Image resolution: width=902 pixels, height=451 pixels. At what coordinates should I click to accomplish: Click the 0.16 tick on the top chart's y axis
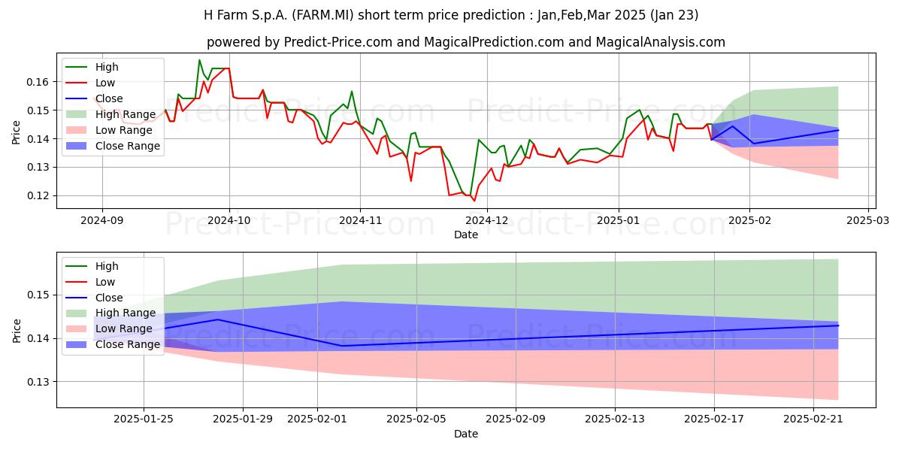point(38,82)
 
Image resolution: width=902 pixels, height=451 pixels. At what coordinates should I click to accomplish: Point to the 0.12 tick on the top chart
point(38,195)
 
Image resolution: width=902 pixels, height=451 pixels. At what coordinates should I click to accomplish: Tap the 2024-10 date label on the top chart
point(229,220)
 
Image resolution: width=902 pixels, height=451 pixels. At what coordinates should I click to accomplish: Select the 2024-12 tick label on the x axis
point(487,220)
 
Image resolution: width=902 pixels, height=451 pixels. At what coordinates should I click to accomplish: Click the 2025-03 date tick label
point(867,220)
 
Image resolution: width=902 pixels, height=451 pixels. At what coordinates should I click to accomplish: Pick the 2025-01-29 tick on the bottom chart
point(243,419)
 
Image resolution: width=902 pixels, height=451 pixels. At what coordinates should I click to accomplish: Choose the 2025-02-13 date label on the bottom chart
point(615,419)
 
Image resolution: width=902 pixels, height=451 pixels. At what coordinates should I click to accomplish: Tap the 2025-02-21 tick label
point(813,419)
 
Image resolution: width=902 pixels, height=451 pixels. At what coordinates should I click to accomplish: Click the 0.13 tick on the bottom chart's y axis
point(38,382)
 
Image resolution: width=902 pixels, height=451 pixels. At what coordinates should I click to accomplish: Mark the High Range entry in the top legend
point(111,114)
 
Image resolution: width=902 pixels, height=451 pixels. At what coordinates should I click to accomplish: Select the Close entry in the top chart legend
point(95,98)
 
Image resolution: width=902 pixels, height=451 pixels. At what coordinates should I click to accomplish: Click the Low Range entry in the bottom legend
point(110,328)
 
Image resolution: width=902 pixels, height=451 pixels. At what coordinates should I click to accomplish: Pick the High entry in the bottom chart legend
point(92,266)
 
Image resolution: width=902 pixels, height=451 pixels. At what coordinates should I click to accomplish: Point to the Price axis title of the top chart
point(16,132)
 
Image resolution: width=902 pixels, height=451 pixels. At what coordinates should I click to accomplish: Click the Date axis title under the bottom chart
point(466,434)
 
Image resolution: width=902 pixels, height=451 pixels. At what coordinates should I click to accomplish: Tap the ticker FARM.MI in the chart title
point(323,15)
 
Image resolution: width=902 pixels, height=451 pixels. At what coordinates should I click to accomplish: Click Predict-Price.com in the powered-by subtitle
point(338,42)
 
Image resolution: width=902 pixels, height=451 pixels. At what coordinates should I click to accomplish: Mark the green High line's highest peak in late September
point(199,60)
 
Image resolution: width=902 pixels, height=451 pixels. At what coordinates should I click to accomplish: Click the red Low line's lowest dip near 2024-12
point(474,201)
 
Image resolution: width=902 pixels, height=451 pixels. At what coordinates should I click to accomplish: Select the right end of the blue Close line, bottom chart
point(838,325)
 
